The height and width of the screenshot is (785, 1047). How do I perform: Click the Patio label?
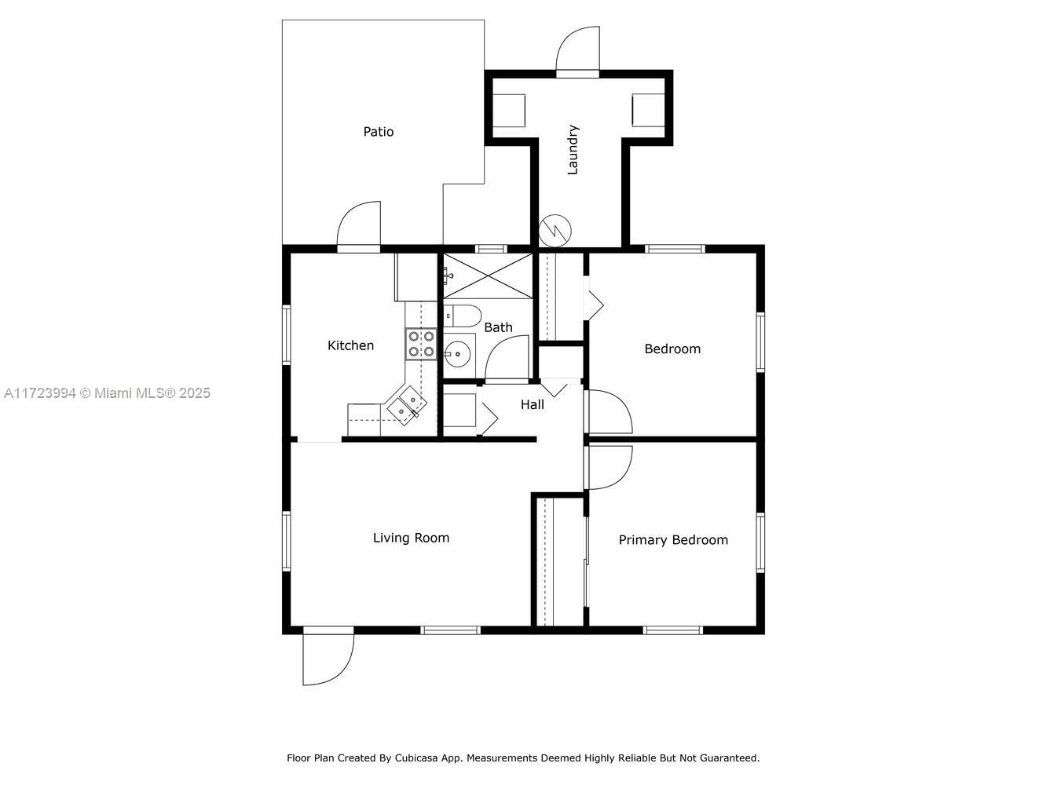click(379, 132)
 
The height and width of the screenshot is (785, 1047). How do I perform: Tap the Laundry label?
click(573, 150)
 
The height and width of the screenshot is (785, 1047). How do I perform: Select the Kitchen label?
click(350, 345)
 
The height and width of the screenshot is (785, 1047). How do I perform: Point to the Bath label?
click(498, 327)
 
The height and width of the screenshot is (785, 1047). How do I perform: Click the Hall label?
click(532, 404)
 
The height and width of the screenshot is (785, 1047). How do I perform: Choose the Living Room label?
click(411, 538)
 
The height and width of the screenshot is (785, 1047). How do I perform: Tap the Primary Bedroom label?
click(673, 540)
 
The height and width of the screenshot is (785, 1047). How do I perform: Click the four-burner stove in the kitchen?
click(421, 344)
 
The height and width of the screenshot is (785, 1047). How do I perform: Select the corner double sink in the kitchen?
click(406, 405)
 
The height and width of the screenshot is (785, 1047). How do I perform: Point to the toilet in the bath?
click(462, 316)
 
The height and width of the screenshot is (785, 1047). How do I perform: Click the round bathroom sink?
click(458, 354)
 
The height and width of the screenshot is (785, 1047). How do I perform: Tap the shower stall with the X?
click(488, 276)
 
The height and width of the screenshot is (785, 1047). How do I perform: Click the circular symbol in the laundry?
click(555, 231)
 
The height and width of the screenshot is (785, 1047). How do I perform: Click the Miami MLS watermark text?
click(107, 392)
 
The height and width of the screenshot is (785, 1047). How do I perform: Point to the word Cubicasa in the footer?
click(416, 758)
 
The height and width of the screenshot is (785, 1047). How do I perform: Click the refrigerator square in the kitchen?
click(416, 277)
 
